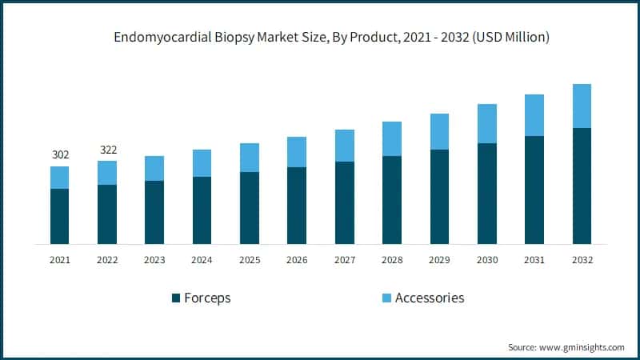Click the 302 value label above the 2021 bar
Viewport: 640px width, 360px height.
point(60,155)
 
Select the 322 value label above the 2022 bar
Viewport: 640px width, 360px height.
point(107,150)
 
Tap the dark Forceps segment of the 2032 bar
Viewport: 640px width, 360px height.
point(582,186)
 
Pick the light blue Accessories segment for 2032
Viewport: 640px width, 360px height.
point(582,106)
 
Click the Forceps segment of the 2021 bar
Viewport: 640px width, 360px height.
point(60,216)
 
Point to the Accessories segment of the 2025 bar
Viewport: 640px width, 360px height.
point(250,158)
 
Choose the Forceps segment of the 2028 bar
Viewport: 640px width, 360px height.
point(392,200)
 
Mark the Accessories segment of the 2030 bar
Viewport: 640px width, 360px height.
point(486,123)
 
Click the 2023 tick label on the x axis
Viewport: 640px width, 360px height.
point(154,260)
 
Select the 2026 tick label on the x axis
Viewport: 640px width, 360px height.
point(297,260)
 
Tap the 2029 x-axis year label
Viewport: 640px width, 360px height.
point(439,260)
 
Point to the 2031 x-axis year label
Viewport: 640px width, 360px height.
point(534,260)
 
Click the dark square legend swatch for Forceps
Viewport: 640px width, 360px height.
point(175,298)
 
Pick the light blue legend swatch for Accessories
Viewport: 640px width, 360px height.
point(386,298)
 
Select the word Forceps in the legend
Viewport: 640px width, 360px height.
point(207,298)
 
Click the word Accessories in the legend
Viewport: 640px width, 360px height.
point(430,298)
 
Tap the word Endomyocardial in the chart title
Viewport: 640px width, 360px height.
point(153,37)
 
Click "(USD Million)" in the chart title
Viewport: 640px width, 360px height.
point(510,37)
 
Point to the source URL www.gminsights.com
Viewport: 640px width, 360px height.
point(582,347)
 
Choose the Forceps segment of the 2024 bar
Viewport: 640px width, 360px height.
point(202,210)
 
